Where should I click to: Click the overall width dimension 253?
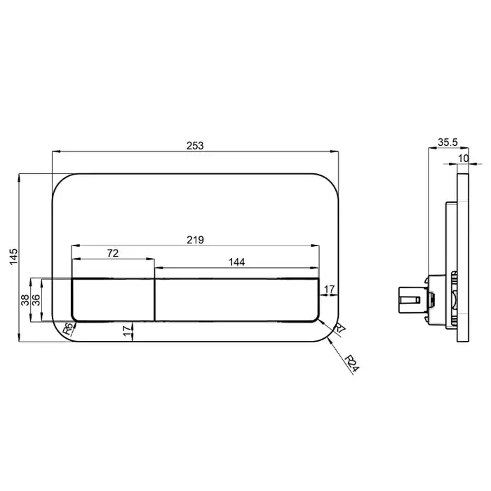pos(195,146)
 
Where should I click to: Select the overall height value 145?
pos(14,257)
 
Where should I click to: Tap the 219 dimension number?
pos(195,240)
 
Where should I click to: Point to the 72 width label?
pos(113,253)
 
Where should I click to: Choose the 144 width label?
pos(236,262)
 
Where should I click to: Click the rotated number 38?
pos(25,300)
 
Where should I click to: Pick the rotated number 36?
pos(36,300)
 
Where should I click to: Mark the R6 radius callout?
pos(68,328)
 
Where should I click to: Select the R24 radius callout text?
pos(352,364)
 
